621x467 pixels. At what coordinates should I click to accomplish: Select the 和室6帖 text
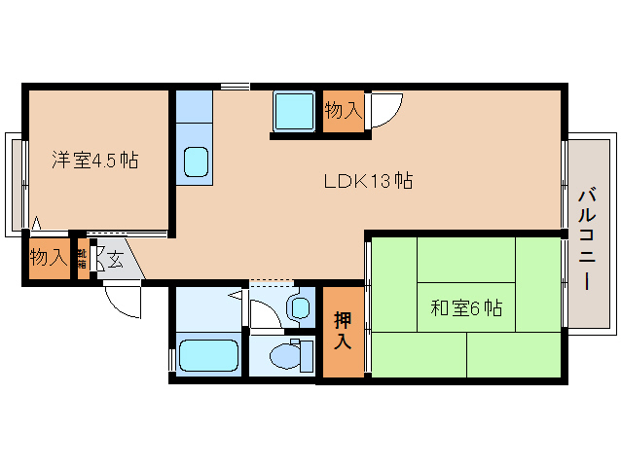pyautogui.click(x=466, y=308)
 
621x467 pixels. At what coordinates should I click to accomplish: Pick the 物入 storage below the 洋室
pyautogui.click(x=47, y=259)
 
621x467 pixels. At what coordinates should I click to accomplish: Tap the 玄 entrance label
pyautogui.click(x=115, y=260)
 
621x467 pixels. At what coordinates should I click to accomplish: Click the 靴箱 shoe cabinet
pyautogui.click(x=83, y=259)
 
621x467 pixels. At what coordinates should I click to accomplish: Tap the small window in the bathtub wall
pyautogui.click(x=172, y=356)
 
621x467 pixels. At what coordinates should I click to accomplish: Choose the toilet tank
pyautogui.click(x=309, y=356)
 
